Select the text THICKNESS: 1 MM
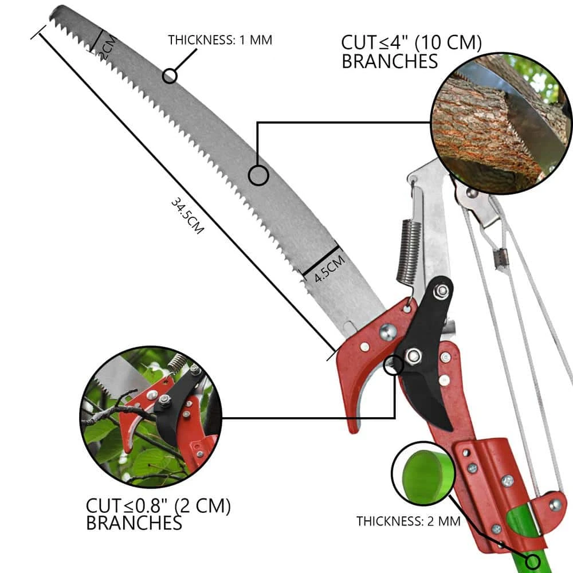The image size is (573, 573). click(219, 40)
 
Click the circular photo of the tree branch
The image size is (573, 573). click(500, 123)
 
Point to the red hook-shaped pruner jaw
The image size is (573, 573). click(355, 378)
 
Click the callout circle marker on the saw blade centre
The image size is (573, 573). click(259, 175)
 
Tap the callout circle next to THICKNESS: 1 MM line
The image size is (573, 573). click(170, 76)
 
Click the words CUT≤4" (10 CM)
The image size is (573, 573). click(411, 43)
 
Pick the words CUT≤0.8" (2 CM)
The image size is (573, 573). click(158, 506)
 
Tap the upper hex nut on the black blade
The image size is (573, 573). click(442, 292)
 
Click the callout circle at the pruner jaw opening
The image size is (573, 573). click(393, 364)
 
